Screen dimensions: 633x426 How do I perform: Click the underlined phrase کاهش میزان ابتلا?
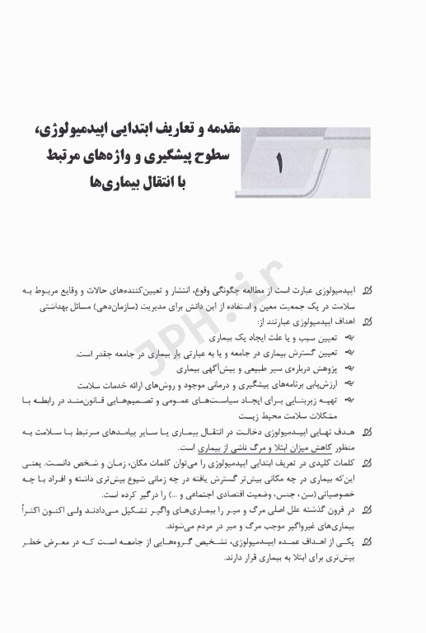tap(285, 445)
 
